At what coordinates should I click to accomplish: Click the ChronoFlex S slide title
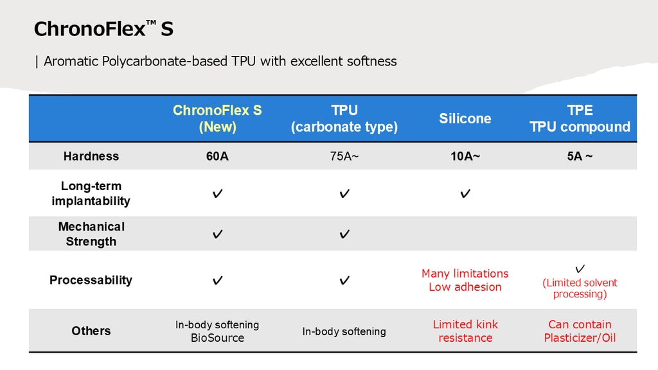(x=103, y=28)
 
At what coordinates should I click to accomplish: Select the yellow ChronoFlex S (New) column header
(x=217, y=118)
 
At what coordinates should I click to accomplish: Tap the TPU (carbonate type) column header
(x=344, y=118)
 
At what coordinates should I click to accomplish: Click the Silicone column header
(x=465, y=118)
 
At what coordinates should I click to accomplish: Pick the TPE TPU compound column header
(x=580, y=118)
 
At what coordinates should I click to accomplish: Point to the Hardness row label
(x=91, y=156)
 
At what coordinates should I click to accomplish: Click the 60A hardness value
(x=217, y=156)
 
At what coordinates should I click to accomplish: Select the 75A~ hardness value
(x=344, y=156)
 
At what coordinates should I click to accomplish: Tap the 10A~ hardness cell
(x=465, y=156)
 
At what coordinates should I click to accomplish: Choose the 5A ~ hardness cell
(x=580, y=156)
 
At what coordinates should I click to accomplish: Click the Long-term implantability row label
(x=91, y=193)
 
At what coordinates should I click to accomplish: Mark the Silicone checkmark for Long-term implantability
(x=465, y=193)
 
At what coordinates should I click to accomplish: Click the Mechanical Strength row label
(x=91, y=234)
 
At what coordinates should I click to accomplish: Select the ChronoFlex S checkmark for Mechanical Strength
(x=217, y=234)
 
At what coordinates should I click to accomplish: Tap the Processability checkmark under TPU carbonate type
(x=344, y=280)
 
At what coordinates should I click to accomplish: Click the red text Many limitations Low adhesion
(x=465, y=280)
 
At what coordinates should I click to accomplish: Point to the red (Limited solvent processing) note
(x=580, y=288)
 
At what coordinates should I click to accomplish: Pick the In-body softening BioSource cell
(x=217, y=331)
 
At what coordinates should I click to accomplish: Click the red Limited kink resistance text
(x=465, y=331)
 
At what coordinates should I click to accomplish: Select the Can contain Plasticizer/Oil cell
(x=580, y=331)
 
